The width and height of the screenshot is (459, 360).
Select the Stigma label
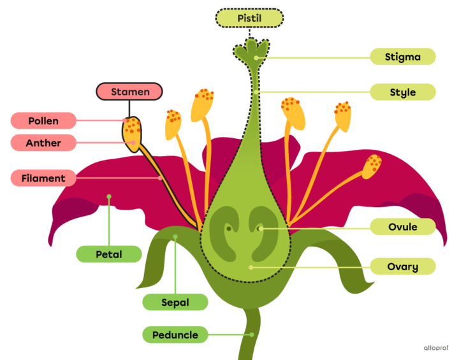point(403,57)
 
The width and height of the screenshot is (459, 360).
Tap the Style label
point(403,92)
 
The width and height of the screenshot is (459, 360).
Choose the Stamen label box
point(130,92)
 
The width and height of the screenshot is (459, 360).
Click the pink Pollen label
point(43,120)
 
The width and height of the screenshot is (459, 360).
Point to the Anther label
point(43,143)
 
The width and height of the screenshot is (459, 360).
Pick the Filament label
point(43,178)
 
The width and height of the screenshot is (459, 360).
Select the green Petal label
point(109,254)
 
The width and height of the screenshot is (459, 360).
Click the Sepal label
point(175,303)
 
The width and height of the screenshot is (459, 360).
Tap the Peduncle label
point(175,335)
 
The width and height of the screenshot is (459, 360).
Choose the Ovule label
point(403,227)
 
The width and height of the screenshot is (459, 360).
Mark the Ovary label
point(403,266)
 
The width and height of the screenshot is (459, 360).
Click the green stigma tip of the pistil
point(253,51)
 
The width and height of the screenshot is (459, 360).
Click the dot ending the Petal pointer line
point(109,197)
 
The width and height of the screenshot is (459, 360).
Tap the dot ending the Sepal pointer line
point(175,238)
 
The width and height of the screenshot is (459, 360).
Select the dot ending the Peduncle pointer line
point(252,334)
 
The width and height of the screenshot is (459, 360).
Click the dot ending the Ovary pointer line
point(251,267)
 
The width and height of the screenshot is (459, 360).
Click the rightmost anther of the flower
point(372,167)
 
